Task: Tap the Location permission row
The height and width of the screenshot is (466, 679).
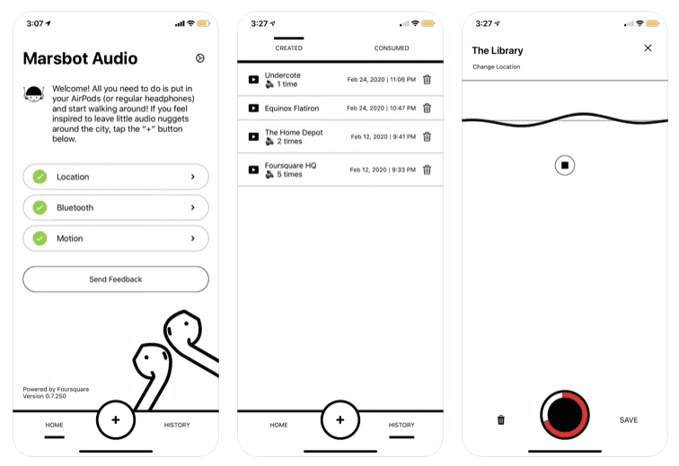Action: [116, 177]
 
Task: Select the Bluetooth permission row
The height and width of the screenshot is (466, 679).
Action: [116, 207]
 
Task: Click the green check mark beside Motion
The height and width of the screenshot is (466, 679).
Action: [40, 238]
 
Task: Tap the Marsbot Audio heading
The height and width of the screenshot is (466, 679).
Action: [80, 58]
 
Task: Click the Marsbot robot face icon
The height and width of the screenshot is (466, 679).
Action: [33, 93]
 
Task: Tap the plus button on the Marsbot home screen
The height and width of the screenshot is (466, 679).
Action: [116, 419]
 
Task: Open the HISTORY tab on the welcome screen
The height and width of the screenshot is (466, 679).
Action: [177, 425]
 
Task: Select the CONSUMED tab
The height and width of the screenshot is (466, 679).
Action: [392, 48]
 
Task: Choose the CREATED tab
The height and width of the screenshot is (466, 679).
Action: [289, 48]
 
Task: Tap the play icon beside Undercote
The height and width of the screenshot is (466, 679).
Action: [254, 79]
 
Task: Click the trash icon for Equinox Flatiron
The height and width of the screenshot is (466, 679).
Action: [427, 108]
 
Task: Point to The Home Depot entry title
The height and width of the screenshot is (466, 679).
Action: [294, 132]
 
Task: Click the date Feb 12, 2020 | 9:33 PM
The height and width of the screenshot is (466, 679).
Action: [383, 170]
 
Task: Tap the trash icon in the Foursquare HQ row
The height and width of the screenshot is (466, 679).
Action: [427, 170]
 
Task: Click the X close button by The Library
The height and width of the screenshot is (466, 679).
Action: [648, 48]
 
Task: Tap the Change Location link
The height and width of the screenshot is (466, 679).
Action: [497, 66]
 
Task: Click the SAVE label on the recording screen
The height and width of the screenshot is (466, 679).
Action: [629, 420]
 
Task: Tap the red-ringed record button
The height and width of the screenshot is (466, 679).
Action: [565, 415]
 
